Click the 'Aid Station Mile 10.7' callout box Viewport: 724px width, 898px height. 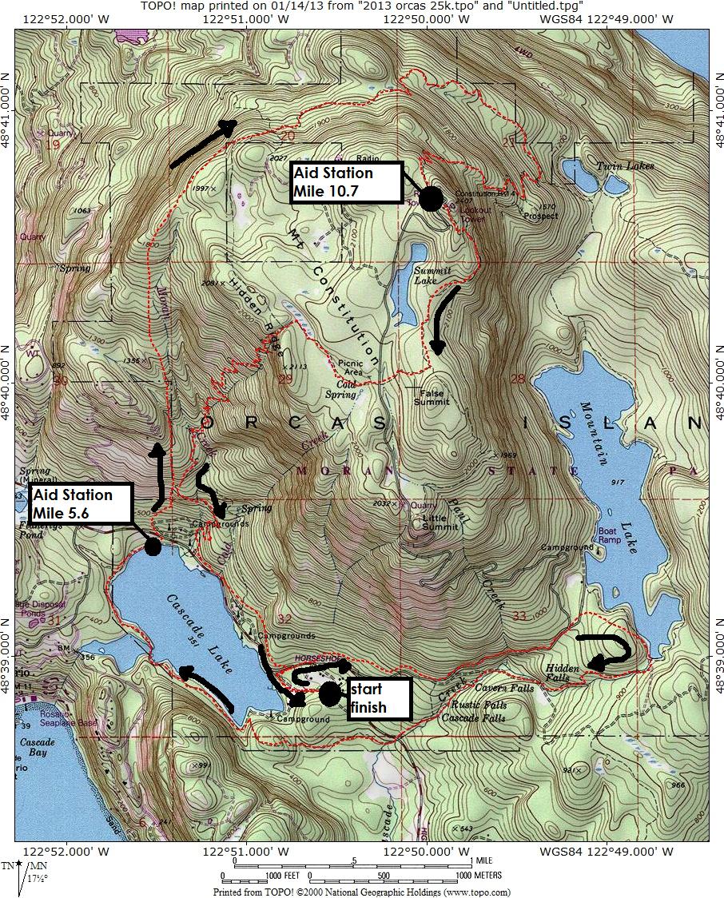coord(344,181)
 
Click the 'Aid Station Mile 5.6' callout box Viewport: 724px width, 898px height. coord(80,503)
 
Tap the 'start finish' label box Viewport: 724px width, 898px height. coord(377,698)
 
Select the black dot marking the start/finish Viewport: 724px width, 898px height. coord(330,693)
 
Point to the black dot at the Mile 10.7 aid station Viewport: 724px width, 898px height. coord(431,198)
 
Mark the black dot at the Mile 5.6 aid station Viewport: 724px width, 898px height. coord(152,546)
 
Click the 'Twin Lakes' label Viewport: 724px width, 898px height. coord(624,166)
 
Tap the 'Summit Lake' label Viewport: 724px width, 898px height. coord(432,276)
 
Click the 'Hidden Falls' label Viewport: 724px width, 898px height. coord(562,673)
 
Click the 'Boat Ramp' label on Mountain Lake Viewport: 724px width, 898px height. coord(609,535)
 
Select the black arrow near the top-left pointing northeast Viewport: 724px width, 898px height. coord(203,144)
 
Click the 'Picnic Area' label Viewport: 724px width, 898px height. coord(352,368)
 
